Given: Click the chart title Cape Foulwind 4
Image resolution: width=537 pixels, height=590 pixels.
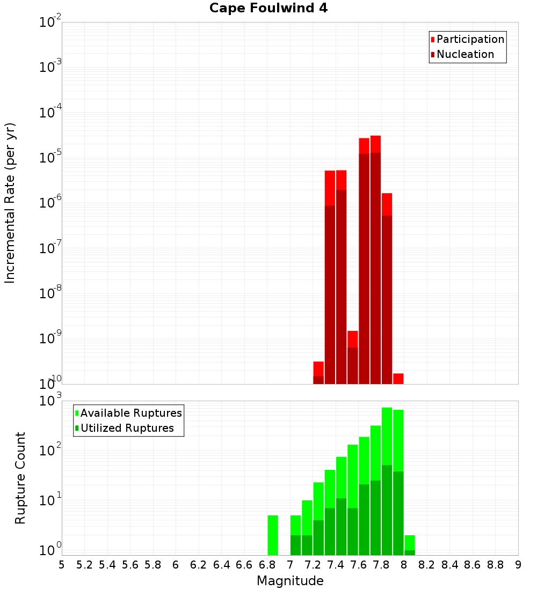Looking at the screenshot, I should pos(268,8).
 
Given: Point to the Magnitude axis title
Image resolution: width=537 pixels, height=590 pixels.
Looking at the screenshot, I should pos(290,581).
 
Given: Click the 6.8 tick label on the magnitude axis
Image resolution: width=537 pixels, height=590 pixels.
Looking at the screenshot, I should pos(267,564).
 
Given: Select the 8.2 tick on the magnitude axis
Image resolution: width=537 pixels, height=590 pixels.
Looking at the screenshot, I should pos(427,564).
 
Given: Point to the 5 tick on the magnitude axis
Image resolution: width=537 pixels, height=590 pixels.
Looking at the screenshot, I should pos(62,564).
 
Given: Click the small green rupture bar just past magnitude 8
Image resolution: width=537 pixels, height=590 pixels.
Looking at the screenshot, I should pos(410,545).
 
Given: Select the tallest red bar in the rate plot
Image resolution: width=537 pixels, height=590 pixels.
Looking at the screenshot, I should pos(375,260).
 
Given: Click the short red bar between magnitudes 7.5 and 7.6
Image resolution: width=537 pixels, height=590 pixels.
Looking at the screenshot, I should pos(352,357).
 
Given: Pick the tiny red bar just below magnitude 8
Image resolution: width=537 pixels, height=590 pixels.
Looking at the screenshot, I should pos(398,379).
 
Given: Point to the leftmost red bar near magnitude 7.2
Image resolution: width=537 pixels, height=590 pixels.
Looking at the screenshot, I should pos(318,373).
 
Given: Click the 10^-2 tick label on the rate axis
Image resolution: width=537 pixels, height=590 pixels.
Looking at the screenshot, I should pos(50,23).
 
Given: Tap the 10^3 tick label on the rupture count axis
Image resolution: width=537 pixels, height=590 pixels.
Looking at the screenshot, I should pos(52,401).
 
